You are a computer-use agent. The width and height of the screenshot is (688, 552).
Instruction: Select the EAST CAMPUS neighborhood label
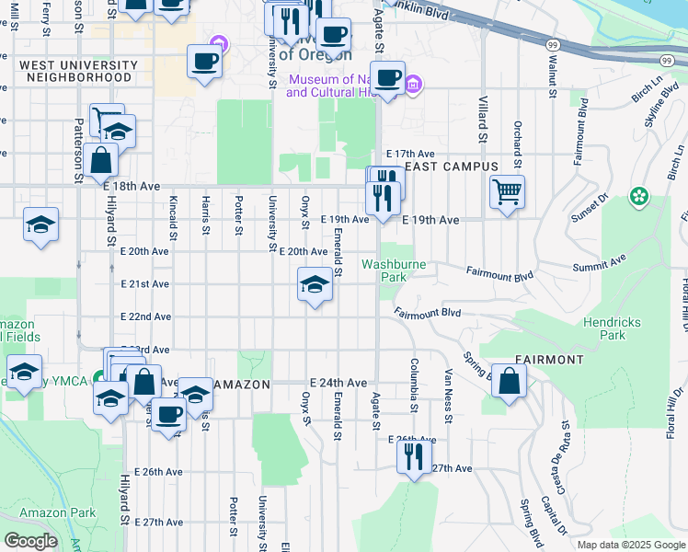point(451,167)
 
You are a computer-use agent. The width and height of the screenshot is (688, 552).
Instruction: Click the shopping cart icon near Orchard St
point(507,192)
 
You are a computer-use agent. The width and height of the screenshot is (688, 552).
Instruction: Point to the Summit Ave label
point(600,265)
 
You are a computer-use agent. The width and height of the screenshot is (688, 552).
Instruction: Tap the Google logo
point(31,541)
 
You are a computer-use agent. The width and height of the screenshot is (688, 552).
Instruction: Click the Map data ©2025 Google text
point(630,545)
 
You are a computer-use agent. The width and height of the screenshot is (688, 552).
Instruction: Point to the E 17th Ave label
point(409,154)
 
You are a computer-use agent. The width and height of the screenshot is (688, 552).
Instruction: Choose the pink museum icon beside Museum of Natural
point(413,86)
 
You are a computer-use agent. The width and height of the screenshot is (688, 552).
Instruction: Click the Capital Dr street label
point(555,515)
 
